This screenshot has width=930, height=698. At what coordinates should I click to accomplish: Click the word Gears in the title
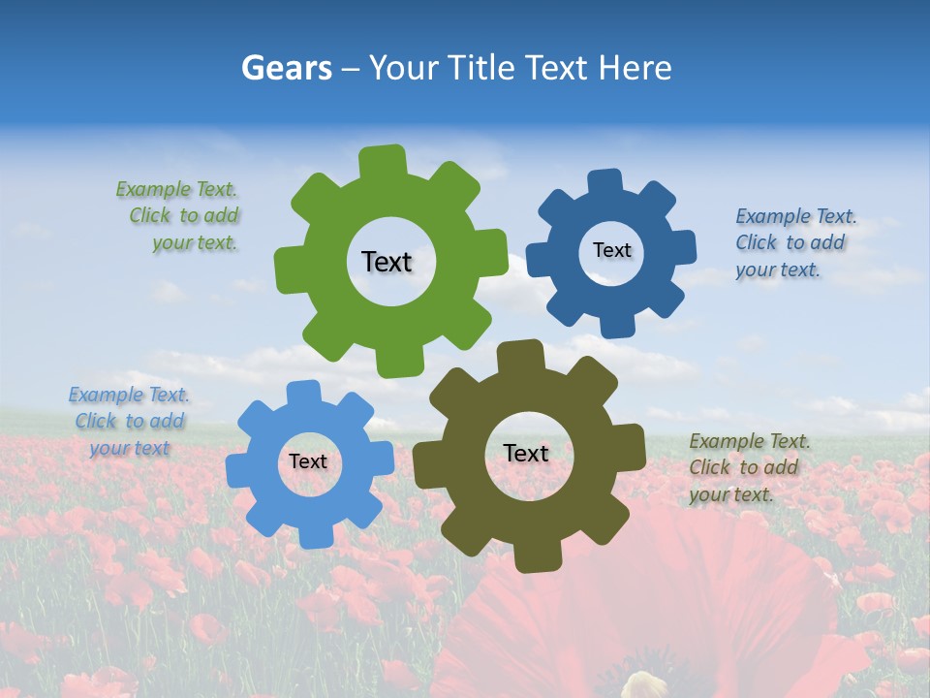pos(286,68)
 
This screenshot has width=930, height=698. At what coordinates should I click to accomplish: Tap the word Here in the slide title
pos(635,68)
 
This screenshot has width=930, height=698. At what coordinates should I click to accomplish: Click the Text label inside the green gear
pos(387,262)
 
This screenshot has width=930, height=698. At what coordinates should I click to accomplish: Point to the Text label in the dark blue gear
pos(611,250)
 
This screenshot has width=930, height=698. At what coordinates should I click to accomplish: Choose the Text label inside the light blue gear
pos(308,461)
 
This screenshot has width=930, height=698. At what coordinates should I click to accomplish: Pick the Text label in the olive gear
pos(526,453)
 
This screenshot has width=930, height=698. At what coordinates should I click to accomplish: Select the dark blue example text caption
pos(794,243)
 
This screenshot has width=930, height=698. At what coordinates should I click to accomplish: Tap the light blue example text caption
pos(129,422)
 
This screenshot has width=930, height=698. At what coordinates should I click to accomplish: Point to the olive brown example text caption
pos(748,467)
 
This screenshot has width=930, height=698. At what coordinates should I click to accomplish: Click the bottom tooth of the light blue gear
pos(314,536)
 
